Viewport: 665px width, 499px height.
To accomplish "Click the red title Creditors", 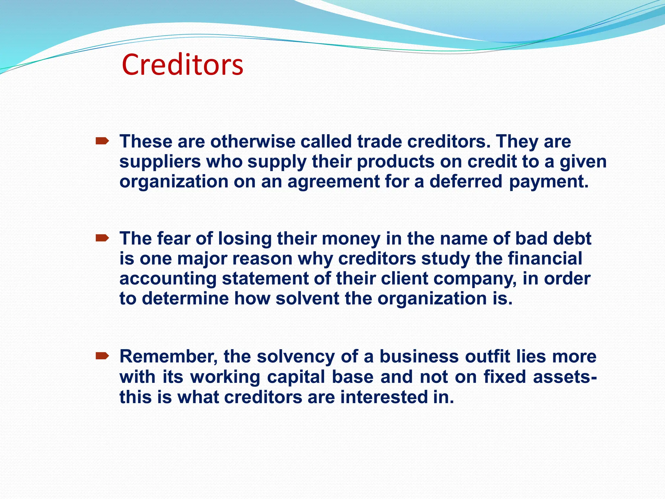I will point(182,65).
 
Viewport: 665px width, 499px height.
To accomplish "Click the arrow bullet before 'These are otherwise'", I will point(102,141).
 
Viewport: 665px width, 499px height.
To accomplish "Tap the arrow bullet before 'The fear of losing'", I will point(102,239).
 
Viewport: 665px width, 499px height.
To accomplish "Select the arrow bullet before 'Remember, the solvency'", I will point(102,356).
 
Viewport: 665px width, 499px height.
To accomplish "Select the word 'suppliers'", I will point(160,162).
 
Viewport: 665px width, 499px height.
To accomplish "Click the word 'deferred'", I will point(466,181).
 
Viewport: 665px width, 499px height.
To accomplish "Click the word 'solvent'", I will point(307,299).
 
